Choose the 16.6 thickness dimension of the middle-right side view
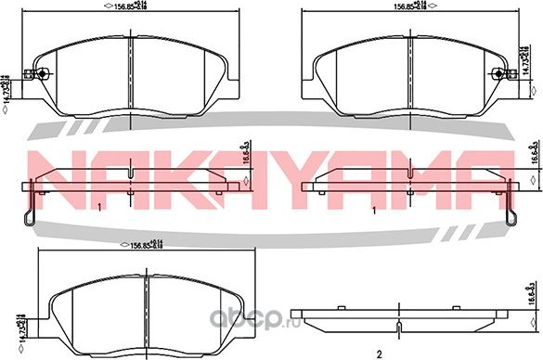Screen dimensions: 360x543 [x=534, y=154]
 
